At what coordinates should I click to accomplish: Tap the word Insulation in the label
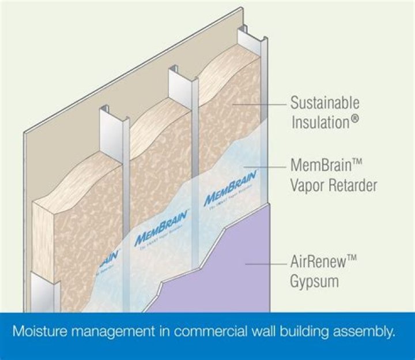(320, 122)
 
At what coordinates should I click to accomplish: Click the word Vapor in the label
(310, 185)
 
